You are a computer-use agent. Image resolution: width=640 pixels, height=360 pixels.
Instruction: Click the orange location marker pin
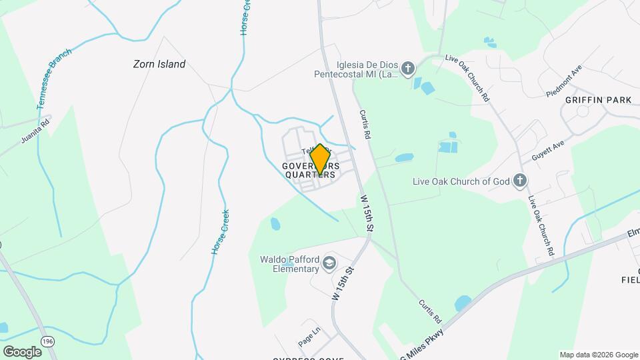point(320,159)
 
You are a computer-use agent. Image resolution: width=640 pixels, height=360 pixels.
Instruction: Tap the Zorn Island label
point(158,65)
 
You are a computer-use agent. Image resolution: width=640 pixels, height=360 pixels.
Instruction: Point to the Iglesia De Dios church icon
point(408,67)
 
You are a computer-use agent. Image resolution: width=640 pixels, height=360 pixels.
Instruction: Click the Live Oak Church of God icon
point(520,180)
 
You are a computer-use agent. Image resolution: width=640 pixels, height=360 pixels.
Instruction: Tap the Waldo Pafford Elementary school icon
point(329,265)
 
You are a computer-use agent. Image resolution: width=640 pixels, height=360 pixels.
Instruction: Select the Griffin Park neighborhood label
point(598,100)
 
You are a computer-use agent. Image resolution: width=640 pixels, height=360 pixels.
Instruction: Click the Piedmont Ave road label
point(564,80)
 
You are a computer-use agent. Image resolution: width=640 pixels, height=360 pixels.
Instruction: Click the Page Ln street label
point(309,335)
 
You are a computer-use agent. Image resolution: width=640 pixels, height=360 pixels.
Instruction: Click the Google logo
point(22,351)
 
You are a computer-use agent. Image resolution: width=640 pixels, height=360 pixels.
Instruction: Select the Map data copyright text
point(597,355)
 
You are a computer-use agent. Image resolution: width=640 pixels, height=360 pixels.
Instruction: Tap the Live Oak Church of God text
point(461,181)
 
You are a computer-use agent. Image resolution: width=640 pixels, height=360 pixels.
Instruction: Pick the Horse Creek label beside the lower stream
point(221,231)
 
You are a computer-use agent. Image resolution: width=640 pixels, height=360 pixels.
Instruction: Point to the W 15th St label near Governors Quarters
point(366,213)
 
